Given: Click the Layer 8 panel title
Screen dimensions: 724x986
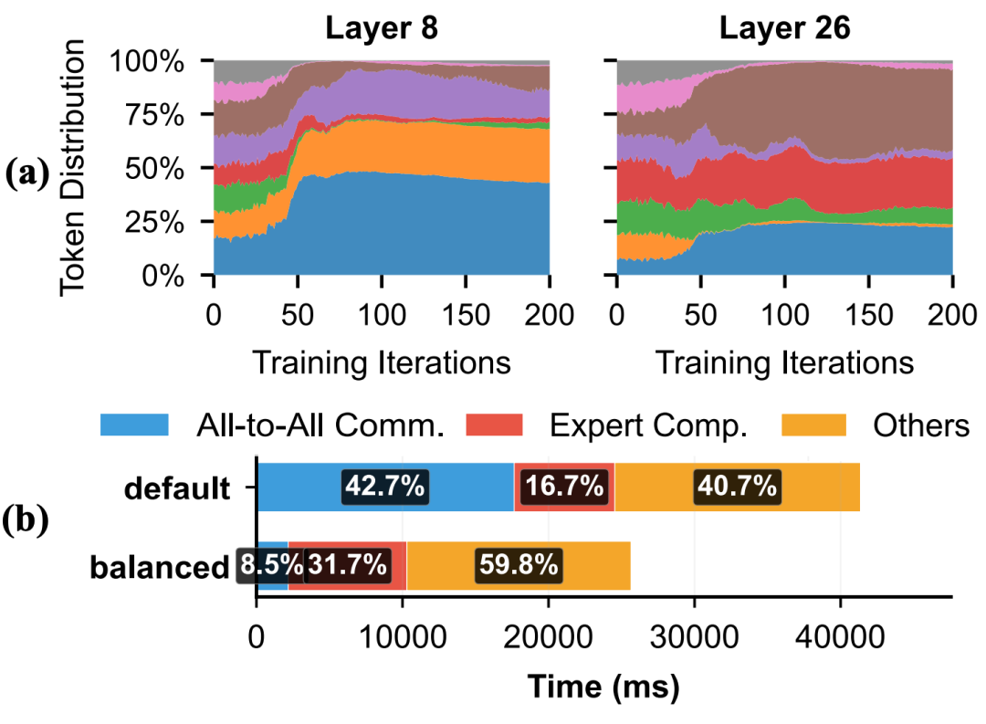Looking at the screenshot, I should click(382, 27).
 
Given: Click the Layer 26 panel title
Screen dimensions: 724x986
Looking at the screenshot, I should click(784, 27).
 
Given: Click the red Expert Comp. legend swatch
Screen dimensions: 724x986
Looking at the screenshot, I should click(494, 425).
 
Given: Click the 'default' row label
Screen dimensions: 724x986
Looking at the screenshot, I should click(178, 488).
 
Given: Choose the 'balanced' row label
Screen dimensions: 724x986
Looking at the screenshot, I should click(158, 567).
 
